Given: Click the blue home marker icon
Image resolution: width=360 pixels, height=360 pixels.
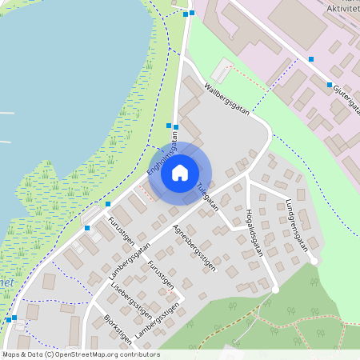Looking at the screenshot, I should click(x=180, y=172).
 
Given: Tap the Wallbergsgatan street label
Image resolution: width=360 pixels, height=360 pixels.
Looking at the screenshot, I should click(x=227, y=99).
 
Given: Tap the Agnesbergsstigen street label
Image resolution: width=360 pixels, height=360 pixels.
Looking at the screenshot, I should click(x=195, y=248).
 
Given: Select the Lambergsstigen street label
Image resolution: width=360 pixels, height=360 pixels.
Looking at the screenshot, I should click(x=155, y=321).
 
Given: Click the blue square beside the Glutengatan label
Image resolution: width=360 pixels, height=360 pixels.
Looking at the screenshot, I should click(x=329, y=85).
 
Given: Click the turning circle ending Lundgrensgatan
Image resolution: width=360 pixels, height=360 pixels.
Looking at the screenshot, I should click(x=314, y=261).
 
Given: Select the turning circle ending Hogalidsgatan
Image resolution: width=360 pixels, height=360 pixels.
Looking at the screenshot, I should click(x=275, y=290).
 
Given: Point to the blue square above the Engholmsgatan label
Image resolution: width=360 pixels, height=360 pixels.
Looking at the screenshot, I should click(x=169, y=126).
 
